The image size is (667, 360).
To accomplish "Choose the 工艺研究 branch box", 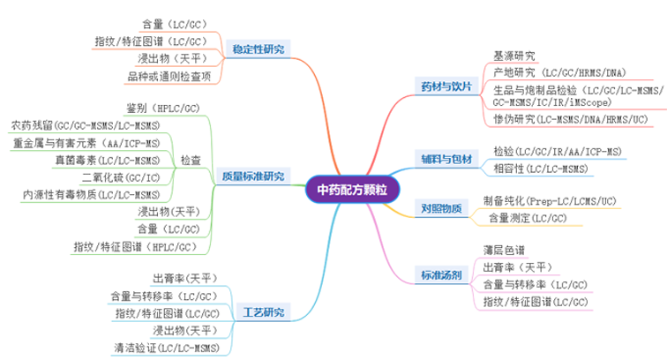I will pos(262,311).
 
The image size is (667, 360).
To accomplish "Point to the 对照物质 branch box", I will pos(440,209).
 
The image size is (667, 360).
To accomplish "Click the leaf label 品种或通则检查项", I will pos(169,77).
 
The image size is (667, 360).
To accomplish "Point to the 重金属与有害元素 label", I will pos(86,143).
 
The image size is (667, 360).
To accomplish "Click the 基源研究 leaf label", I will pos(513,56).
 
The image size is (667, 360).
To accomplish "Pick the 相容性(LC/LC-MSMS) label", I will pos(541,168).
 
